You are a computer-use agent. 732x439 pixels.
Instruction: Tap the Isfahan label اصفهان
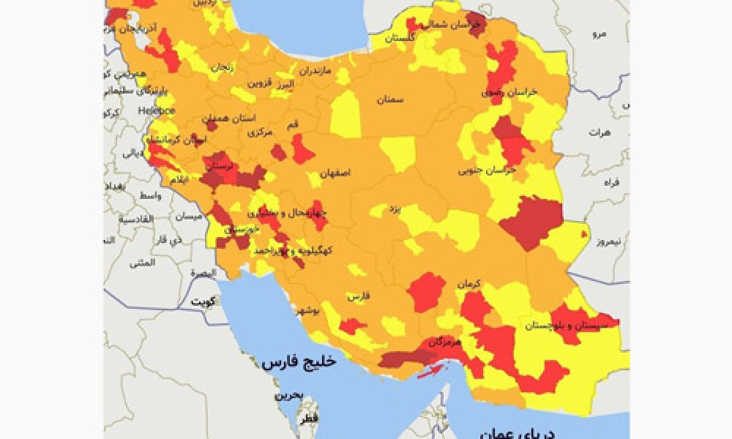[335, 173]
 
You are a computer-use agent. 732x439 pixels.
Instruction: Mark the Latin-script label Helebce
[157, 110]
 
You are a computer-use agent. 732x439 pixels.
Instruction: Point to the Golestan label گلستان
[400, 37]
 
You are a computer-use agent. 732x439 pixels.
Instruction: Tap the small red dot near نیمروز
[583, 234]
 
